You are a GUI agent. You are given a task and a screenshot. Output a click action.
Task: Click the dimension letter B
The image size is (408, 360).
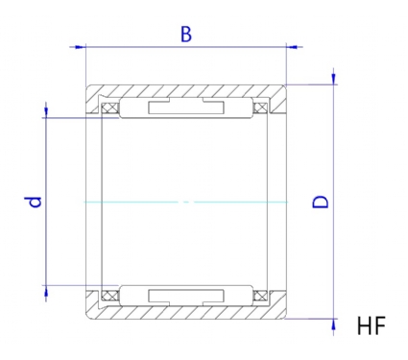(186, 35)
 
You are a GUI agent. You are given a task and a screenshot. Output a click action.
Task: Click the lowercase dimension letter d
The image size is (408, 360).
(33, 202)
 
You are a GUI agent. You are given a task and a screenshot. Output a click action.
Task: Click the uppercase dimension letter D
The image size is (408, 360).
(321, 202)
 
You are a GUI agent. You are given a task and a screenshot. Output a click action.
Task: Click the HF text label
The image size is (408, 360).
(372, 325)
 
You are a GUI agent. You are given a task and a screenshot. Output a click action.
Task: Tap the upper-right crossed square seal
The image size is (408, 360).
(260, 108)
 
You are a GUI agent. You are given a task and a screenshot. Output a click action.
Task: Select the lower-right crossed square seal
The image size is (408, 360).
(260, 296)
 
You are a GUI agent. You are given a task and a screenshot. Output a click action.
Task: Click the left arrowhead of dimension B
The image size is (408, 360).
(81, 47)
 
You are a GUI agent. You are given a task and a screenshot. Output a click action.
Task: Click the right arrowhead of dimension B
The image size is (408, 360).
(291, 47)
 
